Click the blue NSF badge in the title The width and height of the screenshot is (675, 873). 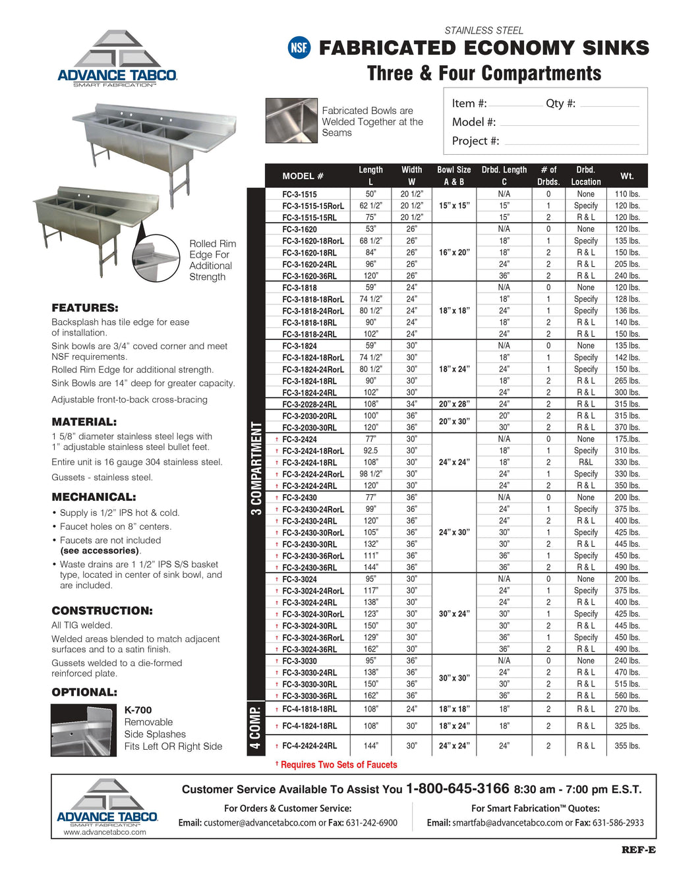pyautogui.click(x=299, y=48)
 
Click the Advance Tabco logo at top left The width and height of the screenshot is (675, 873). pyautogui.click(x=117, y=59)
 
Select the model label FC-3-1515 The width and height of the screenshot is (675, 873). pyautogui.click(x=299, y=194)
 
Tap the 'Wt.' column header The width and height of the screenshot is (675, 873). pyautogui.click(x=627, y=176)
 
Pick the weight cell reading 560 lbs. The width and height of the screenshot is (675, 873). pyautogui.click(x=627, y=696)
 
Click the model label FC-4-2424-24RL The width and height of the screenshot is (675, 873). pyautogui.click(x=309, y=746)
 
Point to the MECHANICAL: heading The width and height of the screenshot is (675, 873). pyautogui.click(x=94, y=497)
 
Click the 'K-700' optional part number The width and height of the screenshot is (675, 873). pyautogui.click(x=138, y=710)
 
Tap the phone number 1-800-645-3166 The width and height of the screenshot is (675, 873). pyautogui.click(x=457, y=789)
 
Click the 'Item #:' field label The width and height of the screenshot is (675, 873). pyautogui.click(x=469, y=103)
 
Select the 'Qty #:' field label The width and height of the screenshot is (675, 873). pyautogui.click(x=560, y=103)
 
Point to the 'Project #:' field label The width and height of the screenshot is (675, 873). pyautogui.click(x=475, y=141)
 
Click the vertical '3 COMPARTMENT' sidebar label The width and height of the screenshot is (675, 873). pyautogui.click(x=256, y=468)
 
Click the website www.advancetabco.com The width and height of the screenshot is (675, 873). pyautogui.click(x=105, y=832)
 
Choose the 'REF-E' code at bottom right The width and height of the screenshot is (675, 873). pyautogui.click(x=638, y=850)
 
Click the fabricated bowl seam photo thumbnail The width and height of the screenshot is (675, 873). pyautogui.click(x=291, y=121)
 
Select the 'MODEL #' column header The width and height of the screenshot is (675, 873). pyautogui.click(x=303, y=176)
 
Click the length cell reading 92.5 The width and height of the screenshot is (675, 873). pyautogui.click(x=370, y=451)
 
